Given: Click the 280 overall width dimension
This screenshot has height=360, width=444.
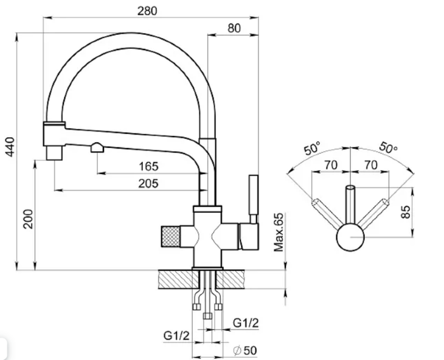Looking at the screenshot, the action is [x=147, y=11].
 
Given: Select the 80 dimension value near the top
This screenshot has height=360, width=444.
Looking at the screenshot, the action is [x=234, y=28].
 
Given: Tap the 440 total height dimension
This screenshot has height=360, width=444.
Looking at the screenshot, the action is [x=10, y=147].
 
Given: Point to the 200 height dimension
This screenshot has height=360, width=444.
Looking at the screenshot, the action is [x=29, y=219].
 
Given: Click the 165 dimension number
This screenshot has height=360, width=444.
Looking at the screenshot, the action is [x=148, y=166].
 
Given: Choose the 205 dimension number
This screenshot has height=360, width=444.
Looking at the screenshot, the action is [x=148, y=183].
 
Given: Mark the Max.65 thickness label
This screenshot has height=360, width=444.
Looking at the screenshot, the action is [x=278, y=232].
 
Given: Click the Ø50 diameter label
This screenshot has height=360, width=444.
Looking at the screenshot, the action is [x=245, y=350].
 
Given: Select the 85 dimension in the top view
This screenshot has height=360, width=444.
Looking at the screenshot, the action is [x=406, y=212].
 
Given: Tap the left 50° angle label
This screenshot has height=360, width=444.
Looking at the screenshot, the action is [x=312, y=148].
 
